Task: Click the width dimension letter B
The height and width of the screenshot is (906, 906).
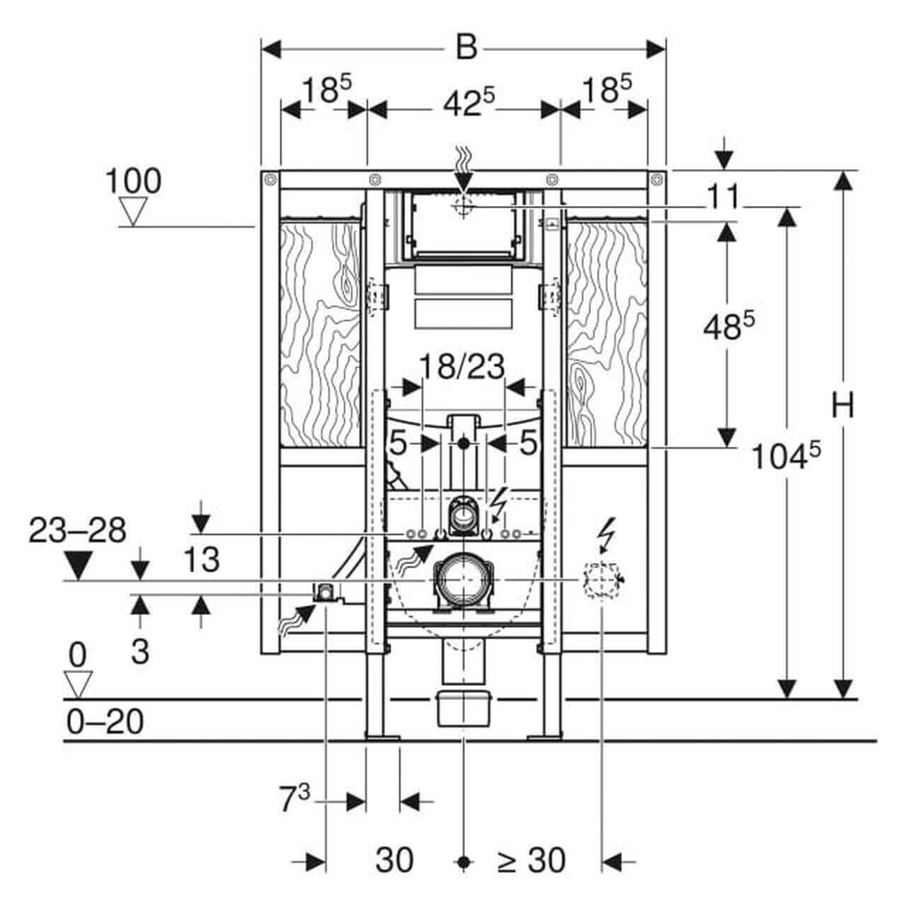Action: (465, 47)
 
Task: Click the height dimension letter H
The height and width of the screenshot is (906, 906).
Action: (842, 406)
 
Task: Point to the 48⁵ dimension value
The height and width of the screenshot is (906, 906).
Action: (728, 327)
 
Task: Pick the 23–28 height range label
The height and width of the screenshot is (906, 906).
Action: (78, 530)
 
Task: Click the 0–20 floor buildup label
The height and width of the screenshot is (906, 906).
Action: (105, 722)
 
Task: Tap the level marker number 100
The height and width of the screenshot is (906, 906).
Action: (133, 182)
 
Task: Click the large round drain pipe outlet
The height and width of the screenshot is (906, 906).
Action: (462, 580)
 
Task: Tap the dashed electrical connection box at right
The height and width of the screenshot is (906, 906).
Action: (601, 580)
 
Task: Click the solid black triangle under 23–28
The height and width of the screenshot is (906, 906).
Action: (78, 564)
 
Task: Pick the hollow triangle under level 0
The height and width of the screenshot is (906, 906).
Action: (78, 682)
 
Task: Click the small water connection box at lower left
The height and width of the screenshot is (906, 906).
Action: (325, 591)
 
